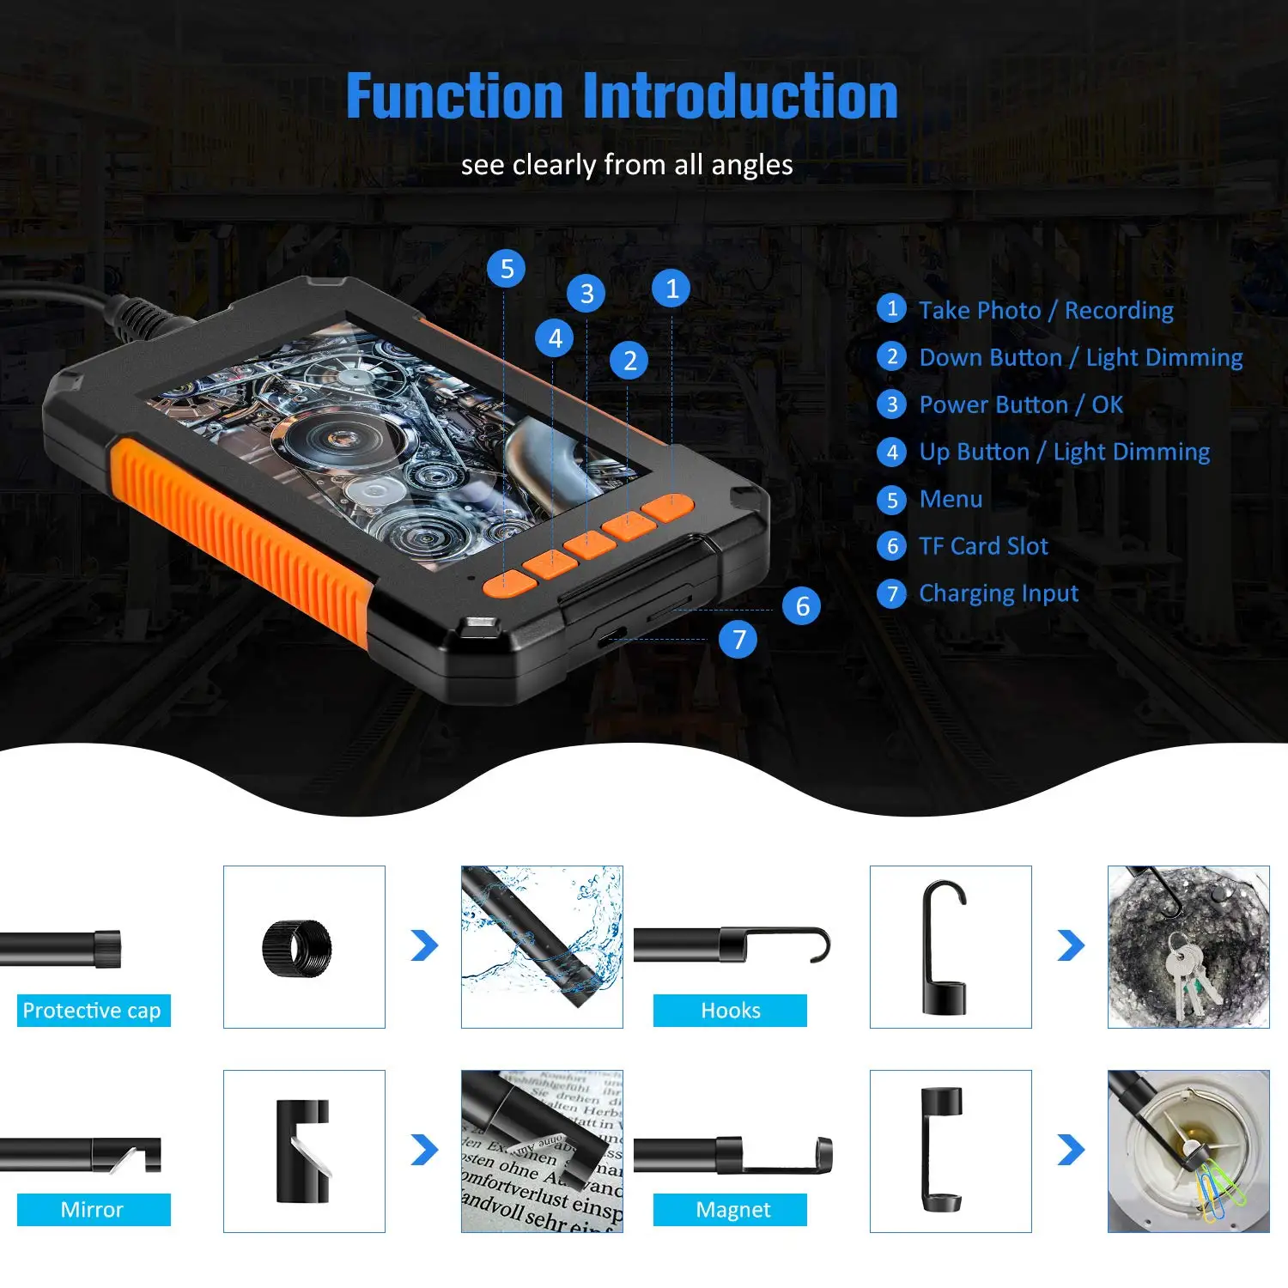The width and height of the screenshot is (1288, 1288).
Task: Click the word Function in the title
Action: click(x=454, y=96)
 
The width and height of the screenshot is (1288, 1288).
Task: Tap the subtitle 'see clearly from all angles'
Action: click(x=627, y=164)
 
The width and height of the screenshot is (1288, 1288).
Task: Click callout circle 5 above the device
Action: click(x=507, y=269)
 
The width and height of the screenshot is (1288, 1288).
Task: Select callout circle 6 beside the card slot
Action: click(x=802, y=606)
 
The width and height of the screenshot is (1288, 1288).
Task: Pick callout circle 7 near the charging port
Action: click(x=738, y=640)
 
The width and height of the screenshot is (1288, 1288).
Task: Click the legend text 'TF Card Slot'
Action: click(x=983, y=546)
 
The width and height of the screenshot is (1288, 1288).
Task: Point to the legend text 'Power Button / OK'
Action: click(x=1020, y=404)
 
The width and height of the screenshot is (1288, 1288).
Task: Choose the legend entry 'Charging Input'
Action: click(x=998, y=593)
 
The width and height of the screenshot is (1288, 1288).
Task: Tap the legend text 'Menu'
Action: click(x=951, y=499)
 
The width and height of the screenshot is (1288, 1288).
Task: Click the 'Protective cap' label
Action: click(x=93, y=1011)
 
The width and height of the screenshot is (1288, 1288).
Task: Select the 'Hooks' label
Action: click(x=730, y=1011)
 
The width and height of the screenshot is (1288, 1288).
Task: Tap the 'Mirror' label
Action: click(x=93, y=1210)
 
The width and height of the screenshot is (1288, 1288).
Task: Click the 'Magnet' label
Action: click(x=732, y=1210)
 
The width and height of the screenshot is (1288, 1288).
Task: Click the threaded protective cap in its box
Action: click(x=297, y=948)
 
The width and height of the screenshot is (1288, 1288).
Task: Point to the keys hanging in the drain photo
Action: click(x=1189, y=975)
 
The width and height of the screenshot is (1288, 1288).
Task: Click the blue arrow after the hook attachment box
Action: click(x=1071, y=945)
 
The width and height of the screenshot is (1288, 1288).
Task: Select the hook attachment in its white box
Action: click(x=945, y=947)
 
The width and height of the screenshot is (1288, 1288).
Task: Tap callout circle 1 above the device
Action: click(x=671, y=289)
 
